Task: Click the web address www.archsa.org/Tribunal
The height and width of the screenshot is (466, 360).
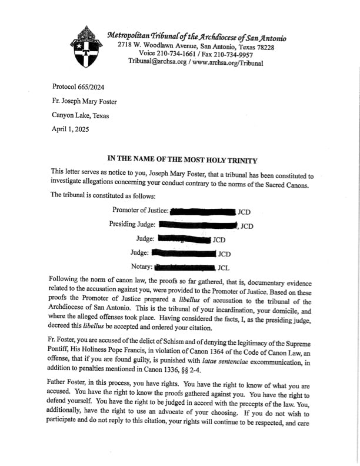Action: click(226, 62)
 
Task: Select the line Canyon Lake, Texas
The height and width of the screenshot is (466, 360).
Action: click(80, 115)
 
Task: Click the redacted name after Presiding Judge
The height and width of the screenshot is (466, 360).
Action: click(197, 225)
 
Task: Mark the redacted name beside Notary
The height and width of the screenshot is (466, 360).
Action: click(183, 268)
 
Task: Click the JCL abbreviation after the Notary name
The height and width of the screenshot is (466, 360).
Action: click(223, 268)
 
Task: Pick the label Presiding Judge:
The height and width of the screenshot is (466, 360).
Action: click(132, 224)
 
